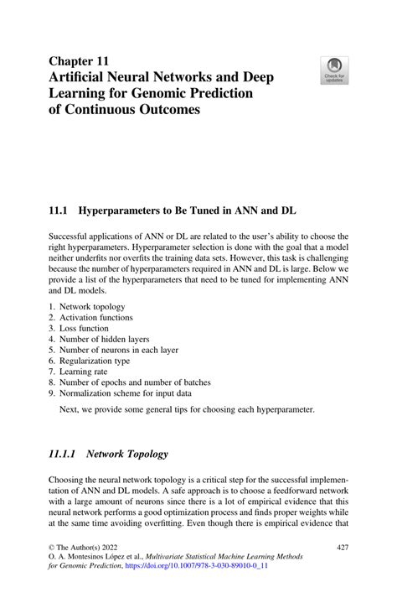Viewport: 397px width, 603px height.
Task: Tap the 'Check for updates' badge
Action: (334, 70)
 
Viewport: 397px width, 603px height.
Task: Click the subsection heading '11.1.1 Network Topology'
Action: (108, 454)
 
